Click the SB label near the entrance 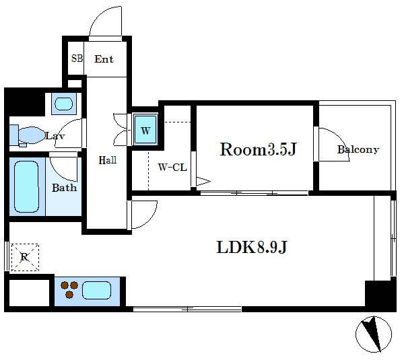coord(77,59)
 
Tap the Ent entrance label coord(104,59)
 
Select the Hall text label coord(108,160)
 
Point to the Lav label coord(55,136)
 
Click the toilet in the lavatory coord(28,135)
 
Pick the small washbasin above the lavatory coord(64,104)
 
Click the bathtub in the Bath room coord(26,186)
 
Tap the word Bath coord(65,188)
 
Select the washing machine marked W coord(145,130)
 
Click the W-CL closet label coord(172,168)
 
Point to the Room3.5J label coord(259,149)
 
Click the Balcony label coord(358,149)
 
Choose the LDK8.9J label coord(252,247)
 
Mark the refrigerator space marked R coord(25,257)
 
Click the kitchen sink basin coord(96,290)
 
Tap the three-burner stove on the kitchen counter coord(69,289)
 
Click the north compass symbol coord(374,334)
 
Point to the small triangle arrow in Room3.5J coord(203,181)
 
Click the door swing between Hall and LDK coord(151,219)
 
